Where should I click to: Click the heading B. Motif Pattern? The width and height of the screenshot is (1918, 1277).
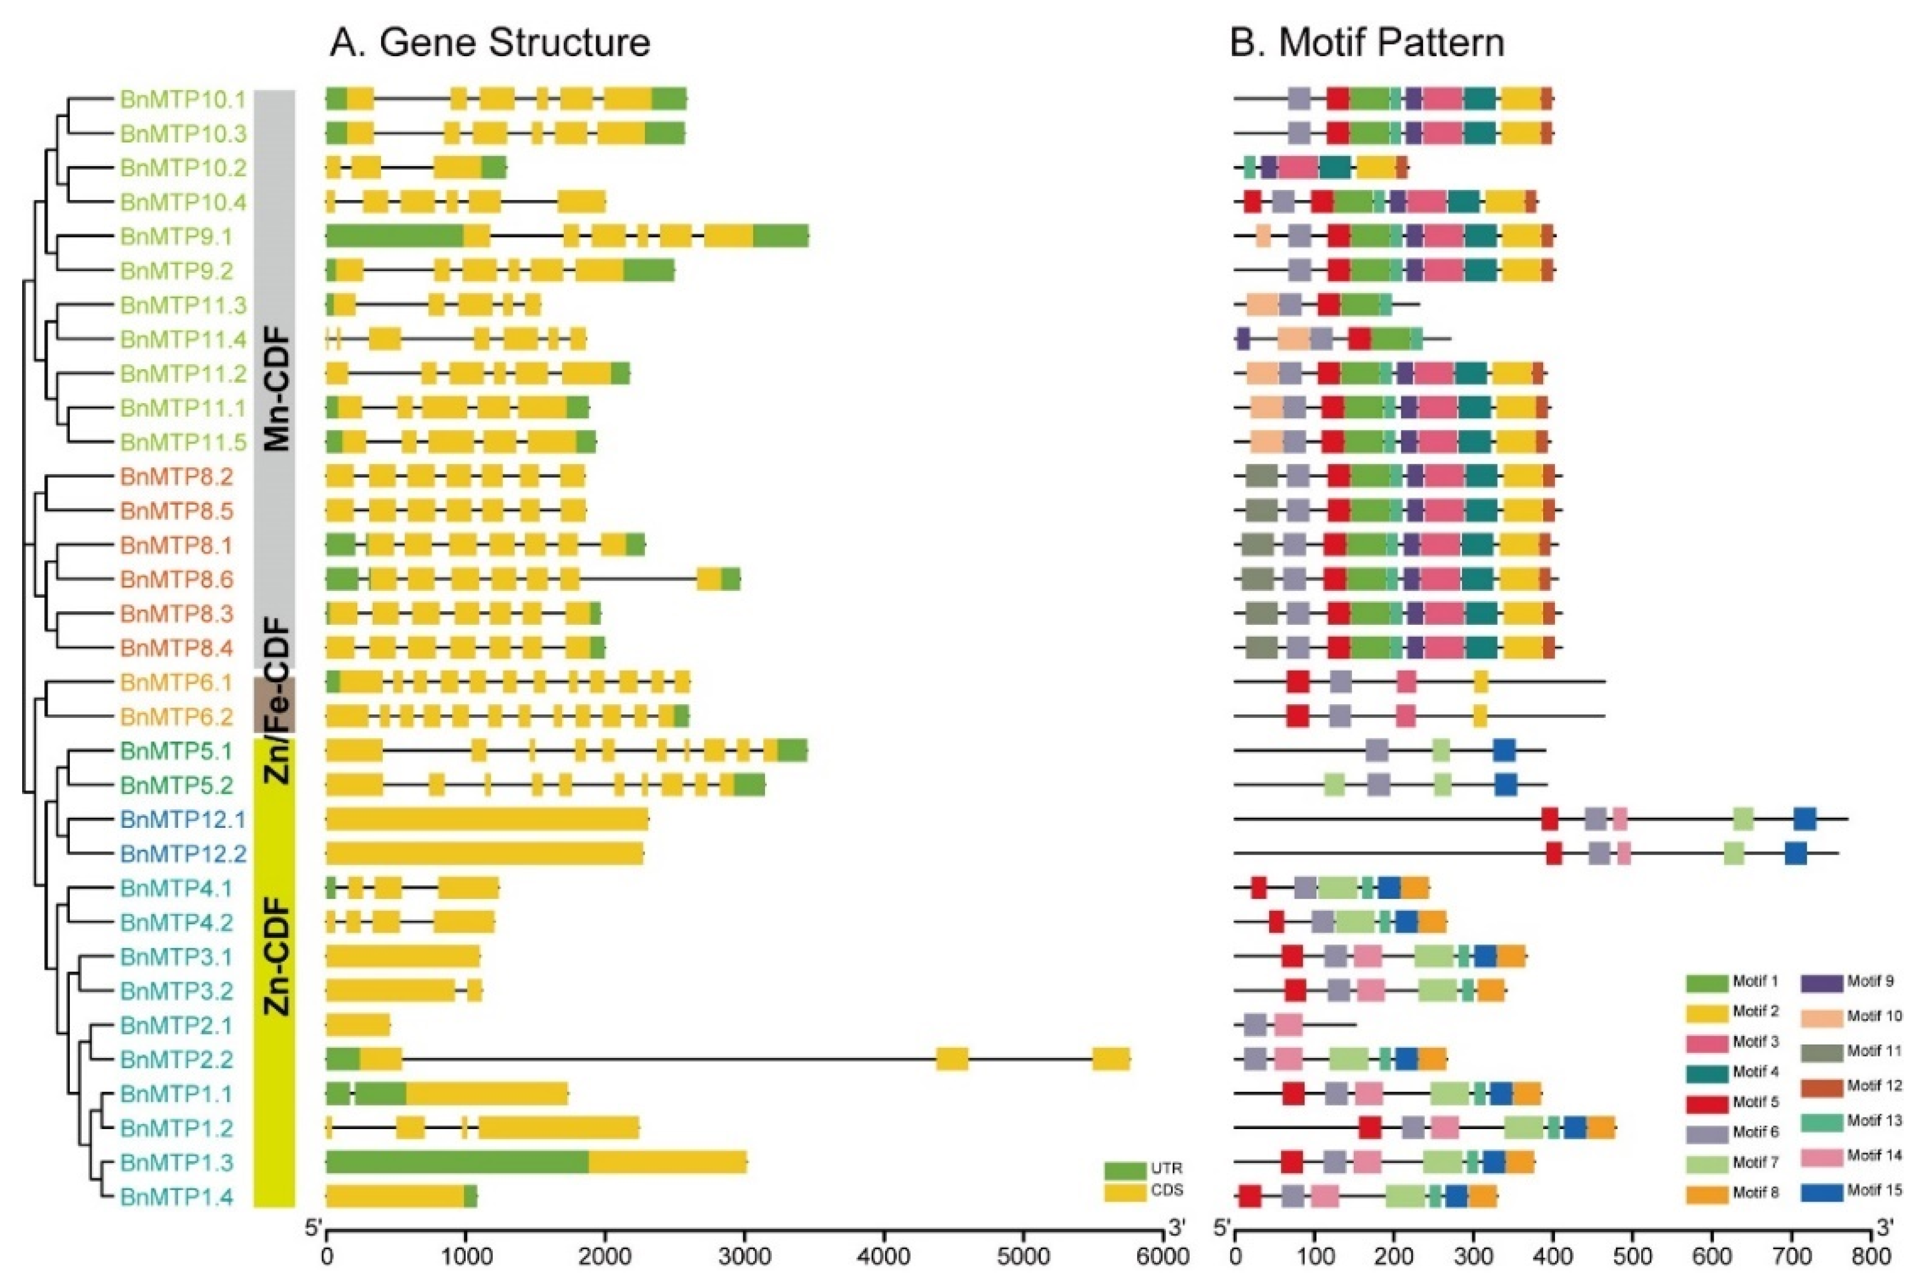[x=1367, y=43]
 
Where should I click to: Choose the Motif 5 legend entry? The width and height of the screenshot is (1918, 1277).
[x=1733, y=1101]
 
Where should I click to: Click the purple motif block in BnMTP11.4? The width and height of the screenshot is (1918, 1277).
[x=1243, y=338]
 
